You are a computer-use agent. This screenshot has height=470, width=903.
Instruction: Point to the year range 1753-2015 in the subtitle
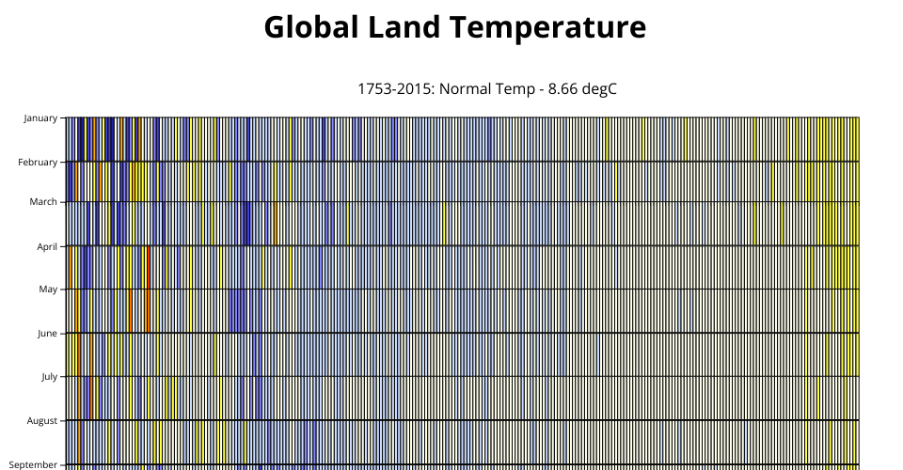pyautogui.click(x=396, y=89)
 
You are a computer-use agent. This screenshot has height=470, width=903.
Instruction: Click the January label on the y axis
pyautogui.click(x=40, y=118)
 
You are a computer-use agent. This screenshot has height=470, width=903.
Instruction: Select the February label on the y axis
pyautogui.click(x=38, y=163)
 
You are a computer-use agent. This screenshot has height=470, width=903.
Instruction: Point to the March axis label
pyautogui.click(x=44, y=202)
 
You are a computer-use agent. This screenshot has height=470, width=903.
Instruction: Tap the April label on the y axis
pyautogui.click(x=47, y=247)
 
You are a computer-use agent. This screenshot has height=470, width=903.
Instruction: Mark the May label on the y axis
pyautogui.click(x=48, y=290)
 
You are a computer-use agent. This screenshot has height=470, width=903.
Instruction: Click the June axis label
pyautogui.click(x=47, y=334)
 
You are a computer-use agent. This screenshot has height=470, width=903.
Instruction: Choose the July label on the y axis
pyautogui.click(x=50, y=377)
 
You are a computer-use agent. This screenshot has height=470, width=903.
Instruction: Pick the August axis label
pyautogui.click(x=42, y=421)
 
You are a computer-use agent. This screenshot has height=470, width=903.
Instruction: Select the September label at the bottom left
pyautogui.click(x=33, y=464)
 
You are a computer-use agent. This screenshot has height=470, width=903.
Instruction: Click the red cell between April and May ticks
pyautogui.click(x=149, y=268)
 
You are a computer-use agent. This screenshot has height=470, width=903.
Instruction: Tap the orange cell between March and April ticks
pyautogui.click(x=276, y=224)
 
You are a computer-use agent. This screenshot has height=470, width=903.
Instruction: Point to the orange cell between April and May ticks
pyautogui.click(x=71, y=268)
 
